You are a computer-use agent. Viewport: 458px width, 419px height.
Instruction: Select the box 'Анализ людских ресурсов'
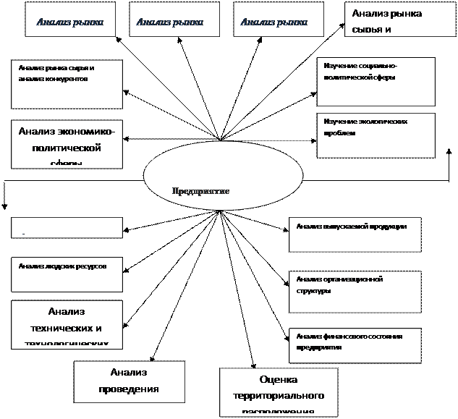67,274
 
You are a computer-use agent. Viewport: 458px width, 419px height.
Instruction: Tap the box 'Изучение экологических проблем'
376,135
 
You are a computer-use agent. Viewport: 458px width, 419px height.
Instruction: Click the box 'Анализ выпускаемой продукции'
355,234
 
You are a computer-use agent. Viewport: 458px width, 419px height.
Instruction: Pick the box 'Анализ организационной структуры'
355,292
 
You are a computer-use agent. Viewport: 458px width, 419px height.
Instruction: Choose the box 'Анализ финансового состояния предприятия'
355,345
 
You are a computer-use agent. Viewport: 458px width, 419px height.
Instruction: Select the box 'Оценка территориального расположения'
279,392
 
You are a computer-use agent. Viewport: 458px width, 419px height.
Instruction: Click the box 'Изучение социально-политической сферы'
376,81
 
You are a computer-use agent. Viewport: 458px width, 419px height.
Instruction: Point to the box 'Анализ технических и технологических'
67,323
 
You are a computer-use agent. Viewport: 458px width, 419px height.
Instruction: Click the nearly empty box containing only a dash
67,227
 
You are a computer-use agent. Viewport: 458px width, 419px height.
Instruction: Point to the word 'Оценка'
279,380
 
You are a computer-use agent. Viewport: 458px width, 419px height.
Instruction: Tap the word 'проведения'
129,389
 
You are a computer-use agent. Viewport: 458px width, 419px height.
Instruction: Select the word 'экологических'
382,122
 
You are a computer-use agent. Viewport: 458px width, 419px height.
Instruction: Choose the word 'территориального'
279,397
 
